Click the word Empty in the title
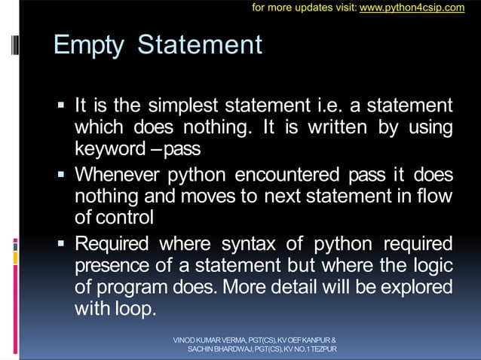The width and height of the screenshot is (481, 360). tap(89, 45)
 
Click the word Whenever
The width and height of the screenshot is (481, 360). tap(115, 175)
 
